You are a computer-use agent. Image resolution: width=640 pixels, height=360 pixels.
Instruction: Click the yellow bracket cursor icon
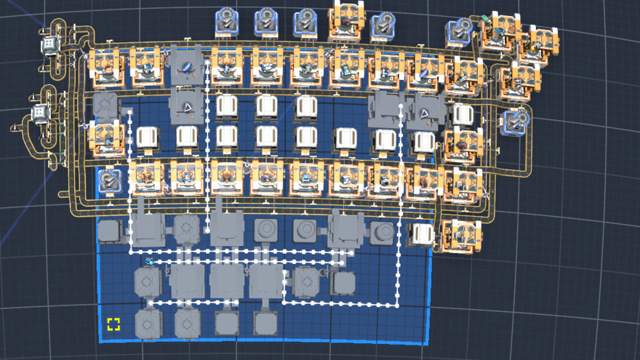[x=113, y=324]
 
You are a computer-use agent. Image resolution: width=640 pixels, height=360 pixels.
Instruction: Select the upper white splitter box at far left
[x=49, y=44]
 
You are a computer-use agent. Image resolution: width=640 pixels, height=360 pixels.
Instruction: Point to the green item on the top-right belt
[x=484, y=17]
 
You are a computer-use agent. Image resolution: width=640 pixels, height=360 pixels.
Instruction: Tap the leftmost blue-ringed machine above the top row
[x=228, y=21]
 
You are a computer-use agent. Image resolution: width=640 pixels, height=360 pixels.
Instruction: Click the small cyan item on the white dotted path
[x=150, y=260]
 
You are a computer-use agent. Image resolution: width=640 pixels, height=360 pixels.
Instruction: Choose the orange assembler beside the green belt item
[x=501, y=33]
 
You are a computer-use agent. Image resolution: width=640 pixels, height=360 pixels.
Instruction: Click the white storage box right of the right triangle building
[x=461, y=114]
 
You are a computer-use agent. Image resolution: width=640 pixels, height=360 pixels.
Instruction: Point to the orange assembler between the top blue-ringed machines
[x=346, y=22]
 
